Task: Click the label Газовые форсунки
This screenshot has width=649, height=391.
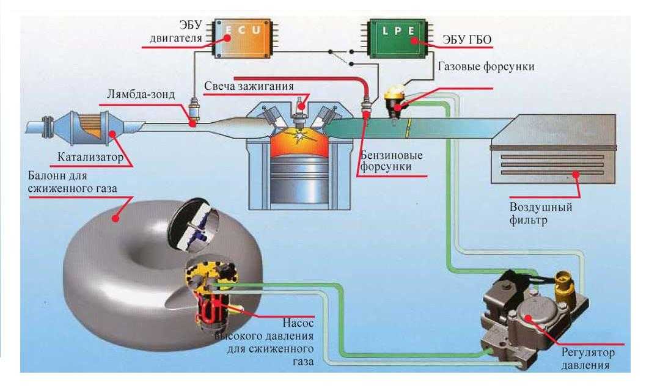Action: point(486,67)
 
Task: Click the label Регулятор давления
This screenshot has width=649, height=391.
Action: point(589,359)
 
